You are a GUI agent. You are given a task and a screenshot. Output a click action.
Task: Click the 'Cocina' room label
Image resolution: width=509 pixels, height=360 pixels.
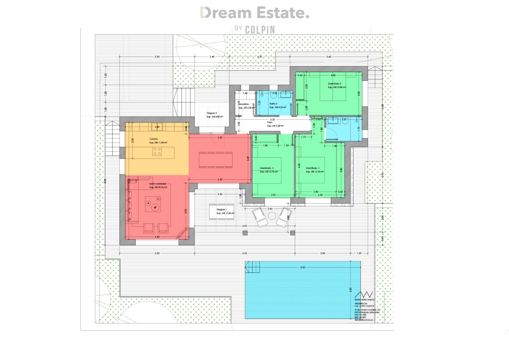pyautogui.click(x=153, y=139)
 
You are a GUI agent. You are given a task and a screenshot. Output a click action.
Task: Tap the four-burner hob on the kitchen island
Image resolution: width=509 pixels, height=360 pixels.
pyautogui.click(x=157, y=152)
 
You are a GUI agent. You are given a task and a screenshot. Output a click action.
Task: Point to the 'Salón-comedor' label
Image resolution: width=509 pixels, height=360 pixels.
pyautogui.click(x=158, y=184)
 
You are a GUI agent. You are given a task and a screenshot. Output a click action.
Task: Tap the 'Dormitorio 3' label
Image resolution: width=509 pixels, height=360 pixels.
pyautogui.click(x=334, y=84)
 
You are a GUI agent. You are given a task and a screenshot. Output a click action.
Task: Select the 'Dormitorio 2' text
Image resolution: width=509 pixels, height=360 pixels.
pyautogui.click(x=267, y=168)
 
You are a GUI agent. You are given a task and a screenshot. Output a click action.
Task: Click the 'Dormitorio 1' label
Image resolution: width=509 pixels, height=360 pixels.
pyautogui.click(x=312, y=168)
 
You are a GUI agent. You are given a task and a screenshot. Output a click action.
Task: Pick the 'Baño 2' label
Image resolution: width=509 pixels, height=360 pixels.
pyautogui.click(x=273, y=104)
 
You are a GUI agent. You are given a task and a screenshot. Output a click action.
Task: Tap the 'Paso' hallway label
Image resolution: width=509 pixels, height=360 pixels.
pyautogui.click(x=269, y=122)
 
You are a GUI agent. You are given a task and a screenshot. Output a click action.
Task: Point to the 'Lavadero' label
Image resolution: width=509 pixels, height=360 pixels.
pyautogui.click(x=244, y=104)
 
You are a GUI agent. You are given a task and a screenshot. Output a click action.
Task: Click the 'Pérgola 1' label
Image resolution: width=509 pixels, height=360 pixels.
pyautogui.click(x=221, y=209)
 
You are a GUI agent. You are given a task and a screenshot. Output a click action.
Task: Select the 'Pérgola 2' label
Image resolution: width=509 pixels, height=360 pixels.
pyautogui.click(x=212, y=113)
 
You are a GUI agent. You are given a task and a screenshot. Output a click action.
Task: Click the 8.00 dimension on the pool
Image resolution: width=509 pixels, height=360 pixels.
pyautogui.click(x=302, y=267)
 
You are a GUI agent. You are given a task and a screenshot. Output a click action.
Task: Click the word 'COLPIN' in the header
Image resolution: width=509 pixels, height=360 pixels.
pyautogui.click(x=260, y=30)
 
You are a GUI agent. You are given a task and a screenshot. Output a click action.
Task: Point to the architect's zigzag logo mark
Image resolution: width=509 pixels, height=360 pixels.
pyautogui.click(x=364, y=295)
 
